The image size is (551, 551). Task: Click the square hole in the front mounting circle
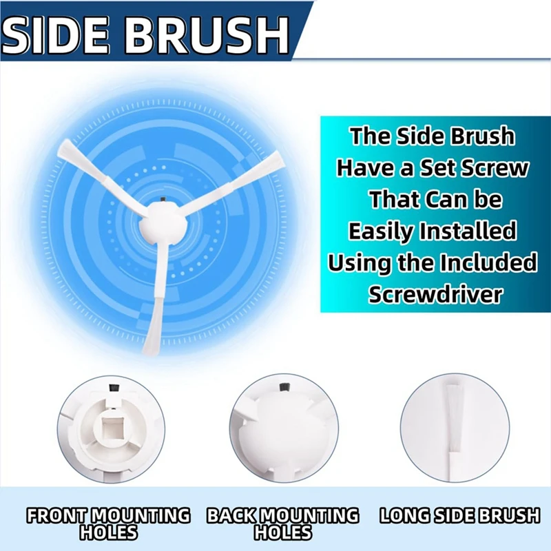(112, 433)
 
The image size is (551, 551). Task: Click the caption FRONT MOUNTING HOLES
(108, 523)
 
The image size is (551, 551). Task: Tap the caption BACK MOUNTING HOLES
(283, 523)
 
